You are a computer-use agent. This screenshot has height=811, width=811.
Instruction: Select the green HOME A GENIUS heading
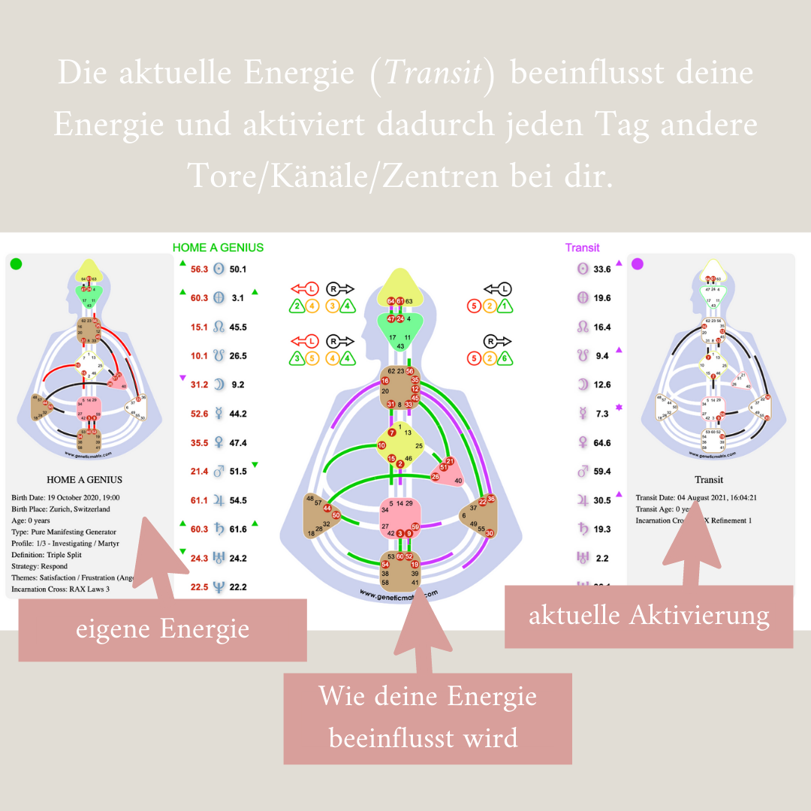[218, 247]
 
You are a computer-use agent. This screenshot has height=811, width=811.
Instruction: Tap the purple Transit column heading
[582, 247]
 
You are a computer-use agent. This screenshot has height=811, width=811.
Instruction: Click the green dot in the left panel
[16, 264]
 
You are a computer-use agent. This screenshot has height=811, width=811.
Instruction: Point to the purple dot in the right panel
[638, 264]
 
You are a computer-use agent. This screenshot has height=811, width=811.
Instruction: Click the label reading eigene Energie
[162, 629]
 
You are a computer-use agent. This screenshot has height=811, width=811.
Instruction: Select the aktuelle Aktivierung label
[649, 616]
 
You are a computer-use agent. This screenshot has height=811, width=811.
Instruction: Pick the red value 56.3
[199, 269]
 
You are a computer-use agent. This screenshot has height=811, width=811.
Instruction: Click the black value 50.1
[239, 269]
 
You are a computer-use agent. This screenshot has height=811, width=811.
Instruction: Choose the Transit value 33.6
[601, 269]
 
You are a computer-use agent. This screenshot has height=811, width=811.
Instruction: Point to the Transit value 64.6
[601, 443]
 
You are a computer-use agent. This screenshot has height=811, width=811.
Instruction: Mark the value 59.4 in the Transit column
[601, 472]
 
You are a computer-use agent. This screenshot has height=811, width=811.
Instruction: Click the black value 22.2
[239, 587]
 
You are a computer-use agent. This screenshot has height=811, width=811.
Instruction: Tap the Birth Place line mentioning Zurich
[61, 508]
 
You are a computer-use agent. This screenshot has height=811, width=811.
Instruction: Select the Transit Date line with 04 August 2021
[695, 497]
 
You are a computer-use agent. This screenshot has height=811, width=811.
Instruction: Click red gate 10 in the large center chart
[381, 447]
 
